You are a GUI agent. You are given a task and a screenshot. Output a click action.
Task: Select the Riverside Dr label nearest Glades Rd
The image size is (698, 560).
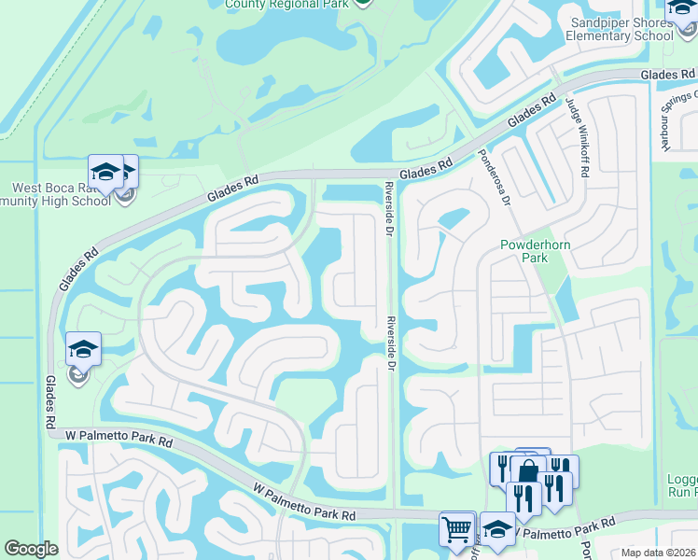pos(391,202)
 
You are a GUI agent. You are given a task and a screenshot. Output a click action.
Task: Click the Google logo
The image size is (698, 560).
pos(31,549)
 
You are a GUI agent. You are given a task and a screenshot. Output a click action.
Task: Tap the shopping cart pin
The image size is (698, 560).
pos(457,528)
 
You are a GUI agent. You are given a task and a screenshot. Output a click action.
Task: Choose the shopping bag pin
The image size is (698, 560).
pos(528,470)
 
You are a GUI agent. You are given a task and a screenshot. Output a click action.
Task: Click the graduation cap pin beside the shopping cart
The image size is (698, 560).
pos(496,528)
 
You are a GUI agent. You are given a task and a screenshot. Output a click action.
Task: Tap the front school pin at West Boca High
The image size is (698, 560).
pos(105,172)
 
